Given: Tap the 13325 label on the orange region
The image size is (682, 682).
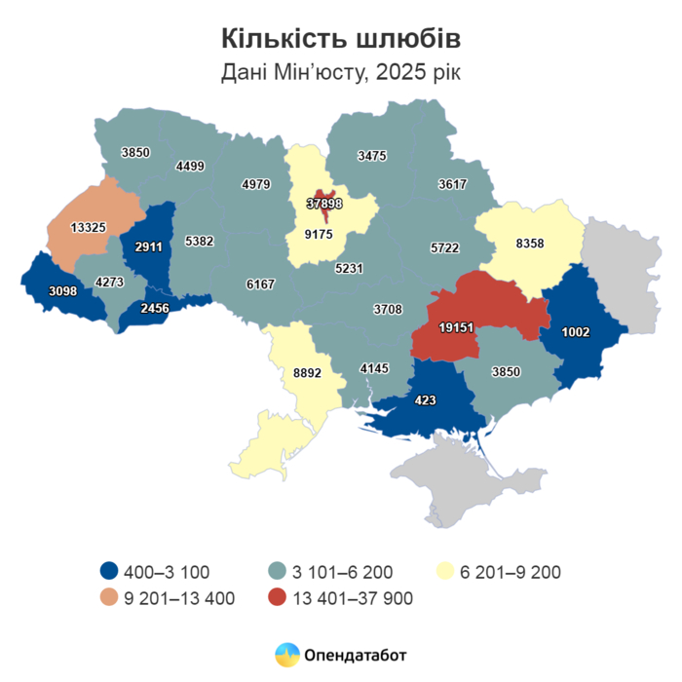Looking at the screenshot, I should (90, 227).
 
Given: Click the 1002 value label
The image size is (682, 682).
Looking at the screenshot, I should (576, 331).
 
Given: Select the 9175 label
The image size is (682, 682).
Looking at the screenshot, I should (320, 234).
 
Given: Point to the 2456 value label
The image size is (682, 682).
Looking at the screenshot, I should (155, 308).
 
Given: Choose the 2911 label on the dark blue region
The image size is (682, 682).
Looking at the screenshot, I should (149, 246).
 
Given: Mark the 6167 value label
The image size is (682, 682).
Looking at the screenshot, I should (260, 284).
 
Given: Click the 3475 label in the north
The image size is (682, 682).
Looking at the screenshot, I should (372, 155).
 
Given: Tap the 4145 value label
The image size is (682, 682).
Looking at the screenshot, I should (373, 367).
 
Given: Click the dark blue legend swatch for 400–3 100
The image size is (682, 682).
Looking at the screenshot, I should (111, 572).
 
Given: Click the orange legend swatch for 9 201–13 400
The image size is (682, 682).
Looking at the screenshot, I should (111, 598).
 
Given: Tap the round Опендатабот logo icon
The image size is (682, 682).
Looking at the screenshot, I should (286, 654).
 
